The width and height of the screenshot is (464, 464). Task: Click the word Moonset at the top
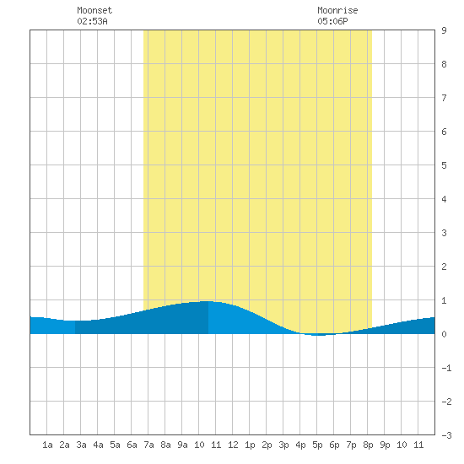(94, 10)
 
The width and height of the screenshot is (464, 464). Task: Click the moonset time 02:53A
(92, 21)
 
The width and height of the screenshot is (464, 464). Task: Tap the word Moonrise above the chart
(337, 10)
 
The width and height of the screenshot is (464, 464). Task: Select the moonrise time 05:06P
(332, 21)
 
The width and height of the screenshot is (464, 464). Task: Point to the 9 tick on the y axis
(444, 30)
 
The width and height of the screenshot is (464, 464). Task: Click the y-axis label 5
(444, 165)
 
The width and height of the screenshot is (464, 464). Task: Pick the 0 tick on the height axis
(444, 334)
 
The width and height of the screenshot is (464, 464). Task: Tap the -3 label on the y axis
(446, 435)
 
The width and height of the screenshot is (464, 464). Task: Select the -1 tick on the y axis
(446, 368)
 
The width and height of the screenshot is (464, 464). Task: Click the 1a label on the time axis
(47, 445)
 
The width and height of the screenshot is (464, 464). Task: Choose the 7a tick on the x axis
(148, 445)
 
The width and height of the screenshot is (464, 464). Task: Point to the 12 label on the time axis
(233, 445)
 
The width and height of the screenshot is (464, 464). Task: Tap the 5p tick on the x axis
(317, 445)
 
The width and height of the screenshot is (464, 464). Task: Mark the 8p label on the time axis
(368, 445)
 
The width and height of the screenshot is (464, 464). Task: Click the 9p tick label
(385, 445)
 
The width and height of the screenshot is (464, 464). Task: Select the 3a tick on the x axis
(81, 445)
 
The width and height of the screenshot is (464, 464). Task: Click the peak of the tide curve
(208, 301)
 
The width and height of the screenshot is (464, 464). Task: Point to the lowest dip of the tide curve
(319, 335)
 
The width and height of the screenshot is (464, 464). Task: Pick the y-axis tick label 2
(444, 267)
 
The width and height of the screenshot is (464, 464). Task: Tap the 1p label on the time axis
(250, 445)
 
